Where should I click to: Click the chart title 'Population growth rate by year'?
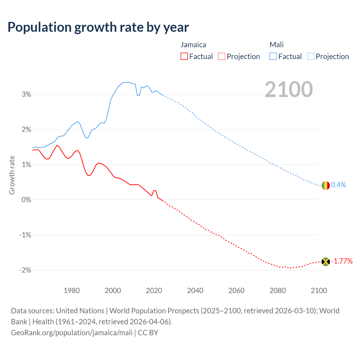point(98,27)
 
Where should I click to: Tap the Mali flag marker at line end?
point(325,185)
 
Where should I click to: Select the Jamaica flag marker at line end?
point(325,262)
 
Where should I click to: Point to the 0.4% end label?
point(339,185)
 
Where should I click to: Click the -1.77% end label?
point(342,261)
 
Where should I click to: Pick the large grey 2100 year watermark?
point(289,89)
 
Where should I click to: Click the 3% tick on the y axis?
point(26,94)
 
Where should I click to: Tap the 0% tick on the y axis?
point(26,200)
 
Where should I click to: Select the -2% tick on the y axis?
point(25,270)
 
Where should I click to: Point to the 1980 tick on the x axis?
point(72,291)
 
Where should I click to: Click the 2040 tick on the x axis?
point(195,291)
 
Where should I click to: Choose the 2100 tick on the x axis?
point(319,291)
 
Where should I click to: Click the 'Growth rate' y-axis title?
point(12,175)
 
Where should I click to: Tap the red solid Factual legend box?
point(184,56)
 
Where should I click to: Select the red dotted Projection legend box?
point(222,56)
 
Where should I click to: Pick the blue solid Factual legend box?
point(273,56)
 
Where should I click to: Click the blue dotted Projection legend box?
point(310,56)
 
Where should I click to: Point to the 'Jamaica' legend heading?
point(193,45)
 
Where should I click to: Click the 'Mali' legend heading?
point(276,45)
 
